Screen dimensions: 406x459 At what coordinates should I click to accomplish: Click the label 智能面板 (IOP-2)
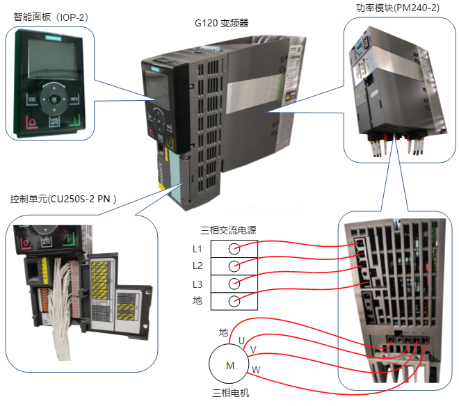(46, 15)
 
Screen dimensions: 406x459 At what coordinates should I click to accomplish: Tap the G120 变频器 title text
(222, 23)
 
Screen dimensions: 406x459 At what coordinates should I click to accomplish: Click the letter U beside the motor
(242, 340)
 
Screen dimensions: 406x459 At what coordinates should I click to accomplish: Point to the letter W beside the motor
(256, 370)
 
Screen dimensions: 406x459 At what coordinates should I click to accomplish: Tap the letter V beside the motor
(253, 349)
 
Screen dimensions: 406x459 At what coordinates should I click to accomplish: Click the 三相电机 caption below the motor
(229, 393)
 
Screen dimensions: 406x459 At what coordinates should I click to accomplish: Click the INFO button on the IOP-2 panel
(74, 100)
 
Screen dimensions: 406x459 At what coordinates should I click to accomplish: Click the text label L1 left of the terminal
(197, 249)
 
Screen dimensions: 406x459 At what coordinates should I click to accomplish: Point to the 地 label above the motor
(223, 333)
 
